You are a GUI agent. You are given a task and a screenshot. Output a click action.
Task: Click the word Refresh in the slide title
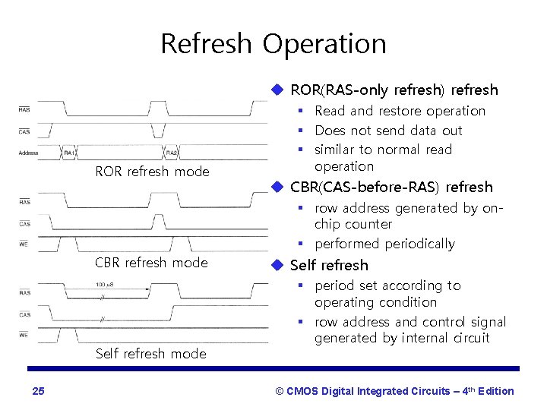pos(205,43)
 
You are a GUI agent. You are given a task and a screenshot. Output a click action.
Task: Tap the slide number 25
pos(39,391)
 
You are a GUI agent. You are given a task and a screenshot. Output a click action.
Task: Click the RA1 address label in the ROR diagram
pos(69,153)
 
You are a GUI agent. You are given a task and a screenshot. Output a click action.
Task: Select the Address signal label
pos(28,153)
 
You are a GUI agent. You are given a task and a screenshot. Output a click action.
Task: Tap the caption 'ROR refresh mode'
pos(152,172)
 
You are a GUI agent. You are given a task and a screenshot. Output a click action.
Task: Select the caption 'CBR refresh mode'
pos(151,263)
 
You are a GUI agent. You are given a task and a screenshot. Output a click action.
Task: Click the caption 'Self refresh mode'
pos(150,354)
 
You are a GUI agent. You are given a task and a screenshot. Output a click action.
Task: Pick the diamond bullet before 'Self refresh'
pos(278,265)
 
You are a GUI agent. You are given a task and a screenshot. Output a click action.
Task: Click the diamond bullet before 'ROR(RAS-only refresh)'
pos(278,90)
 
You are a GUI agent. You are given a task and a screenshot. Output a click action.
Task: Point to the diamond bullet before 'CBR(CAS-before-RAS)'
pos(278,187)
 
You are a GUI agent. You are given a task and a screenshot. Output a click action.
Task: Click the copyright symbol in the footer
pos(280,391)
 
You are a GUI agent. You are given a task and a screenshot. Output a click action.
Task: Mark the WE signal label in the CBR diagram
pos(24,244)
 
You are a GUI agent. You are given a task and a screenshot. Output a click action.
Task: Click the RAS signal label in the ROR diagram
pos(24,111)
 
